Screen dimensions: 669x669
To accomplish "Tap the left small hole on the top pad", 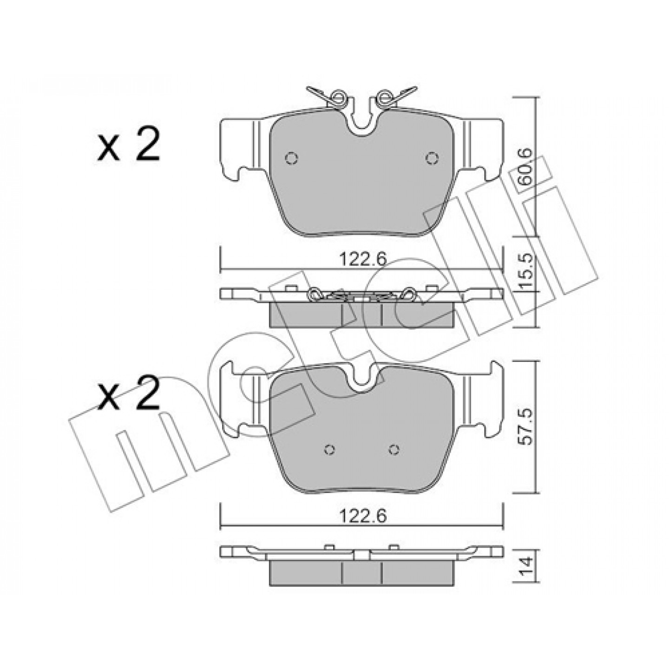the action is pos(291,158).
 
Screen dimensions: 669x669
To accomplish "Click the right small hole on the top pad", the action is pos(432,158).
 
